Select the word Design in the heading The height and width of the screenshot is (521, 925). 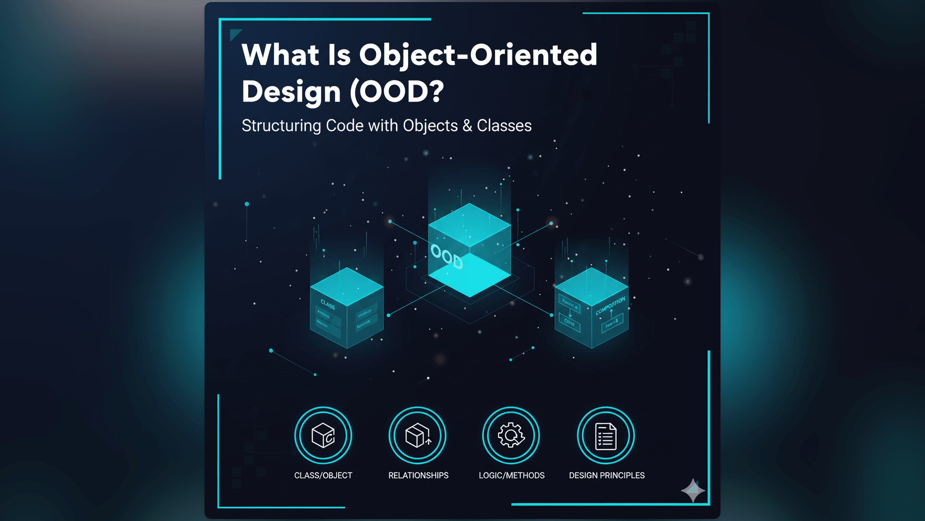click(x=291, y=92)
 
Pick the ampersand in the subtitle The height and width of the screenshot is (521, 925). click(x=467, y=126)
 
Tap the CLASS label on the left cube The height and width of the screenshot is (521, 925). click(x=328, y=305)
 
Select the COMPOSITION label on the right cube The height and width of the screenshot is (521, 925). click(x=610, y=306)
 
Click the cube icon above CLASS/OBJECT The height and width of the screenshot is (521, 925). click(x=323, y=435)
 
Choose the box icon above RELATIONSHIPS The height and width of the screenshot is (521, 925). click(x=418, y=435)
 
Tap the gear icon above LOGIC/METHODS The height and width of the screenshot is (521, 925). click(x=511, y=435)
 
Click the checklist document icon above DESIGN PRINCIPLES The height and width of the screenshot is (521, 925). click(x=606, y=436)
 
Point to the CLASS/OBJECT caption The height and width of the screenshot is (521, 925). click(x=323, y=475)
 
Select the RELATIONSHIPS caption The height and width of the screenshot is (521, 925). click(x=418, y=475)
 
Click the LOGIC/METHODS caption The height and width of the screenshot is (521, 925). click(x=511, y=475)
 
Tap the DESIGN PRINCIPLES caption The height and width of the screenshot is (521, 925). click(x=607, y=475)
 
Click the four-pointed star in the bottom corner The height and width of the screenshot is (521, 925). click(x=693, y=490)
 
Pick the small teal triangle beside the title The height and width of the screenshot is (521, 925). click(x=234, y=34)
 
